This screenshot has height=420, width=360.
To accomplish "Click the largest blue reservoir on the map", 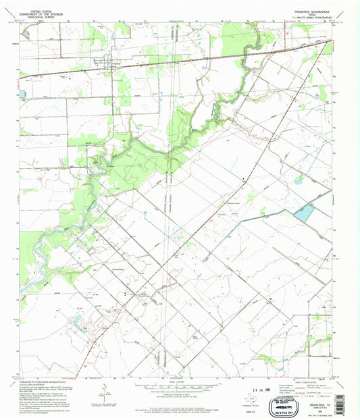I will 305,215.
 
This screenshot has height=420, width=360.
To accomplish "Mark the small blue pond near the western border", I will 23,95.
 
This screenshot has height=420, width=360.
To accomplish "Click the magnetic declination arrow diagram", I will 107,390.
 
